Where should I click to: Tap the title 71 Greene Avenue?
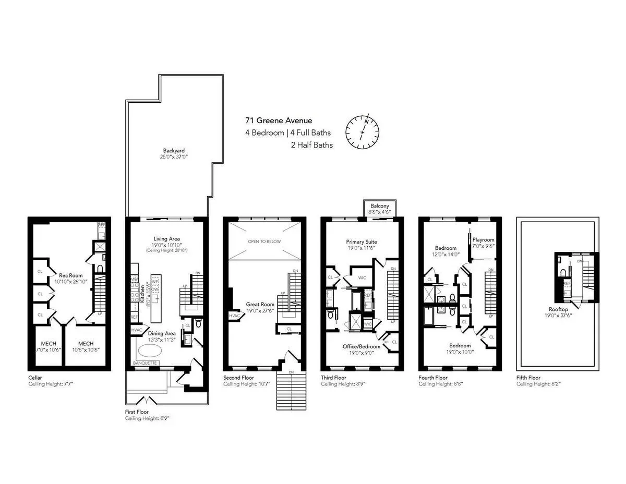click(279, 121)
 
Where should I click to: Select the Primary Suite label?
click(362, 242)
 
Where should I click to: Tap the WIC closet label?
click(362, 277)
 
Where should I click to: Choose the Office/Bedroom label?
click(362, 346)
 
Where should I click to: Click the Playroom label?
click(483, 240)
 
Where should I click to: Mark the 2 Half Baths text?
click(311, 145)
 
